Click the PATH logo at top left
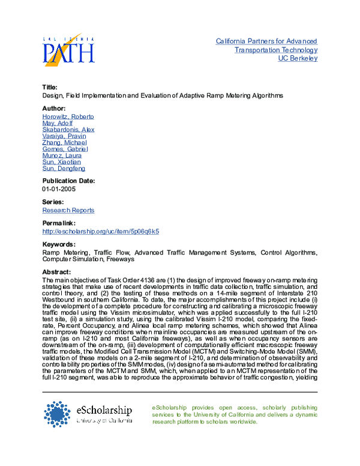click(68, 50)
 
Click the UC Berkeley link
click(298, 58)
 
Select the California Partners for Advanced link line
click(266, 41)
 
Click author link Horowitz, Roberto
click(68, 116)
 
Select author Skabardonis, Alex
click(68, 130)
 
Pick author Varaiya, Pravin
click(64, 136)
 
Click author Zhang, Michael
click(64, 142)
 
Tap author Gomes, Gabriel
click(65, 149)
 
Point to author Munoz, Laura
click(62, 156)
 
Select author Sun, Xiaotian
click(61, 162)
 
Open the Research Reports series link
click(68, 210)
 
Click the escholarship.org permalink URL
click(100, 231)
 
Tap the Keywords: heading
click(59, 244)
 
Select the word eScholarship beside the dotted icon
click(104, 410)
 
